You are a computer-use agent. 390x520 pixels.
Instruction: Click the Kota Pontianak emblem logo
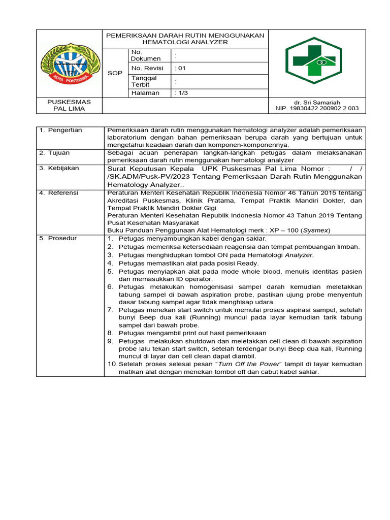70,64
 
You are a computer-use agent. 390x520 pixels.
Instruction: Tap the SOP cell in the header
115,73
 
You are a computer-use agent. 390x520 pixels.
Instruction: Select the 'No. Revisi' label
147,68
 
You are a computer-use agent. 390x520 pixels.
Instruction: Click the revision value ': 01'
181,68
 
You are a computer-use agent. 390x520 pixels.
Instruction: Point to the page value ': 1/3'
181,93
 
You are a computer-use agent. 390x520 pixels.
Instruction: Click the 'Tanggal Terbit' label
145,81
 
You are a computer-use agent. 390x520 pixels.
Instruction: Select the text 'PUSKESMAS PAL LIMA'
70,105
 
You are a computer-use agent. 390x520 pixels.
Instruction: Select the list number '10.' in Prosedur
112,364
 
